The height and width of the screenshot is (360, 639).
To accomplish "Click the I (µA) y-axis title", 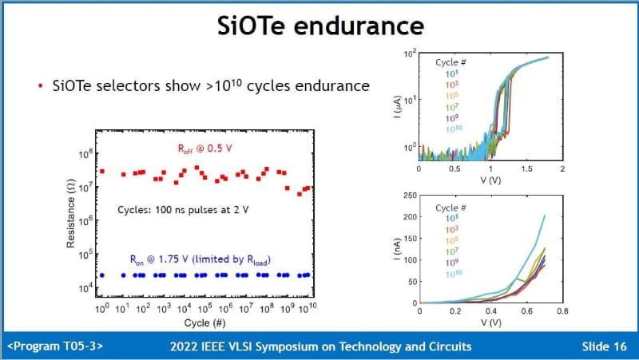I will pos(396,102).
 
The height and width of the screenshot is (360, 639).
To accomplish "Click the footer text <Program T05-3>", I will pos(54,346).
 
